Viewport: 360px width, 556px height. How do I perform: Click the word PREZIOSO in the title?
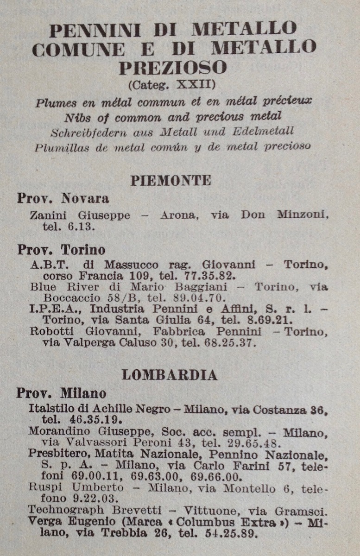click(173, 68)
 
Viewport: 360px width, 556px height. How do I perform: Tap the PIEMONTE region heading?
click(171, 180)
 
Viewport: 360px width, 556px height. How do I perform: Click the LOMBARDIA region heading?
click(170, 375)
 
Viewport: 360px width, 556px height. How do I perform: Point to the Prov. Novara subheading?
click(63, 198)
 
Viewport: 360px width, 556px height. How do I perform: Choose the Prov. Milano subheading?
click(61, 393)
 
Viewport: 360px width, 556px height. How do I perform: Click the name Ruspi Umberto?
click(76, 487)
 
